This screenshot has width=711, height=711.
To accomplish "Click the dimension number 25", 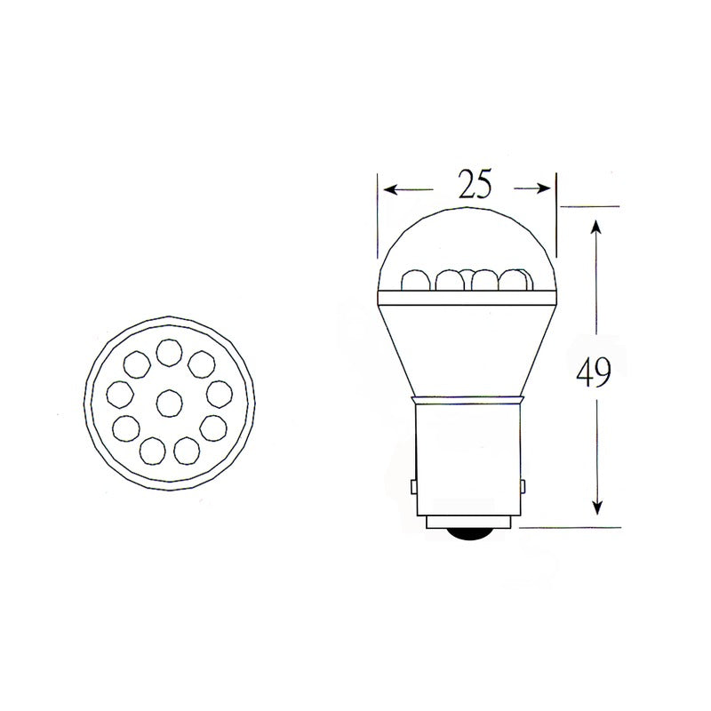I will point(475,184).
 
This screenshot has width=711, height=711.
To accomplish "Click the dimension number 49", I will point(594,373).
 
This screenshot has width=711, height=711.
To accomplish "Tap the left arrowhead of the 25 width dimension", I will point(389,188).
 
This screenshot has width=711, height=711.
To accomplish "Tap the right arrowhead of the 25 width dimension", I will point(544,188).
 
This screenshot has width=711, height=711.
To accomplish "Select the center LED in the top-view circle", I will point(168,403).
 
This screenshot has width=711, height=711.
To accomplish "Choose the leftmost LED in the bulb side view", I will point(414,281).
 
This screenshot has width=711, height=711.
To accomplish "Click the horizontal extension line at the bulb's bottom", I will point(569,527).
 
